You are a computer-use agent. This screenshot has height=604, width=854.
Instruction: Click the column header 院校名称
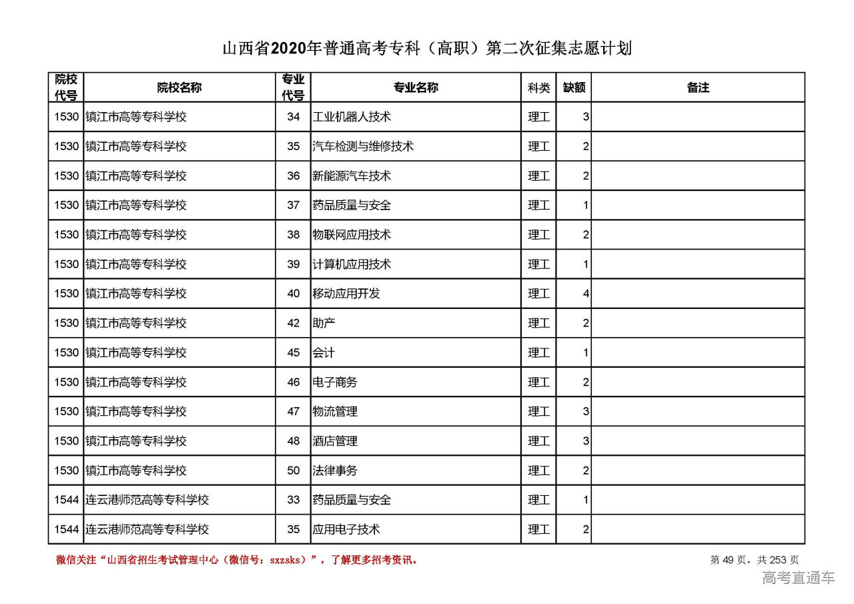pos(179,87)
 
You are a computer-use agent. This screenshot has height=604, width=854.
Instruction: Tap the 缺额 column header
pos(574,87)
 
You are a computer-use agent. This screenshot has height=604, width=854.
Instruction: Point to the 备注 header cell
pos(698,87)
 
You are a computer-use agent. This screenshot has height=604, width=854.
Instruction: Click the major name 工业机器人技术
pos(352,117)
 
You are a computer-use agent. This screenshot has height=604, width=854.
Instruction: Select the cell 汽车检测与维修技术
pos(363,146)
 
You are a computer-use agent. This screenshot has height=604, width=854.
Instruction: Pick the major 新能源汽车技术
pos(352,176)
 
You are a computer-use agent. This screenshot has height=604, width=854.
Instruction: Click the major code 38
pos(294,234)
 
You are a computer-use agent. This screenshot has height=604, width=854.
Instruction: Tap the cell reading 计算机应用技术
pos(352,264)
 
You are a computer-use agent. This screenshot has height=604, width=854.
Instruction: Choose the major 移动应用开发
pos(346,294)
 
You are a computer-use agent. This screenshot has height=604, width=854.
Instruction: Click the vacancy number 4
pos(585,294)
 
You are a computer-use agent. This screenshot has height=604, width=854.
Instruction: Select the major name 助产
pos(324,323)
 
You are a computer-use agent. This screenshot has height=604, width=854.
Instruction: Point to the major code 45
pos(294,352)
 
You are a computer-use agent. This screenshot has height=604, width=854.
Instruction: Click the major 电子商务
pos(335,382)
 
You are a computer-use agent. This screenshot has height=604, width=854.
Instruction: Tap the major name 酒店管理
pos(335,441)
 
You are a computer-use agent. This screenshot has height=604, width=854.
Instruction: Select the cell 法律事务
pos(335,471)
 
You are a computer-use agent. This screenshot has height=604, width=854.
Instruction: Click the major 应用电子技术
pos(346,529)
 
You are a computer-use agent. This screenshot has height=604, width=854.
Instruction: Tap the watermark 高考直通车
pos(798,578)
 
